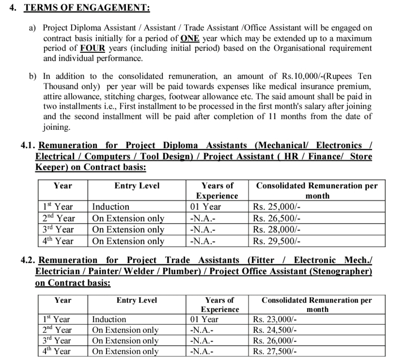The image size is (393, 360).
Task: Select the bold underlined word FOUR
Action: [94, 48]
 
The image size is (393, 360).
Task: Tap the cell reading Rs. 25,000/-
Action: [276, 207]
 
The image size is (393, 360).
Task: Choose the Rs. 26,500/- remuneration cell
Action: [276, 218]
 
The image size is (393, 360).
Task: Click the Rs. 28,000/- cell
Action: [276, 229]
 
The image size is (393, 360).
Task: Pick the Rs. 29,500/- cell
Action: [276, 241]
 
